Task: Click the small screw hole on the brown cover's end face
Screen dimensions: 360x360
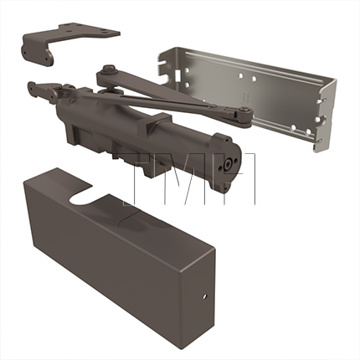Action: point(204,296)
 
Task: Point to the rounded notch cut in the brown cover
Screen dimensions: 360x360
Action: point(82,198)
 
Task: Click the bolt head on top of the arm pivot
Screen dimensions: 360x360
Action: point(108,69)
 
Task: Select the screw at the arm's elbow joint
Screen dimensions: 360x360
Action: point(245,111)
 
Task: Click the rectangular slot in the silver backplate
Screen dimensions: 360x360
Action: point(177,75)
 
